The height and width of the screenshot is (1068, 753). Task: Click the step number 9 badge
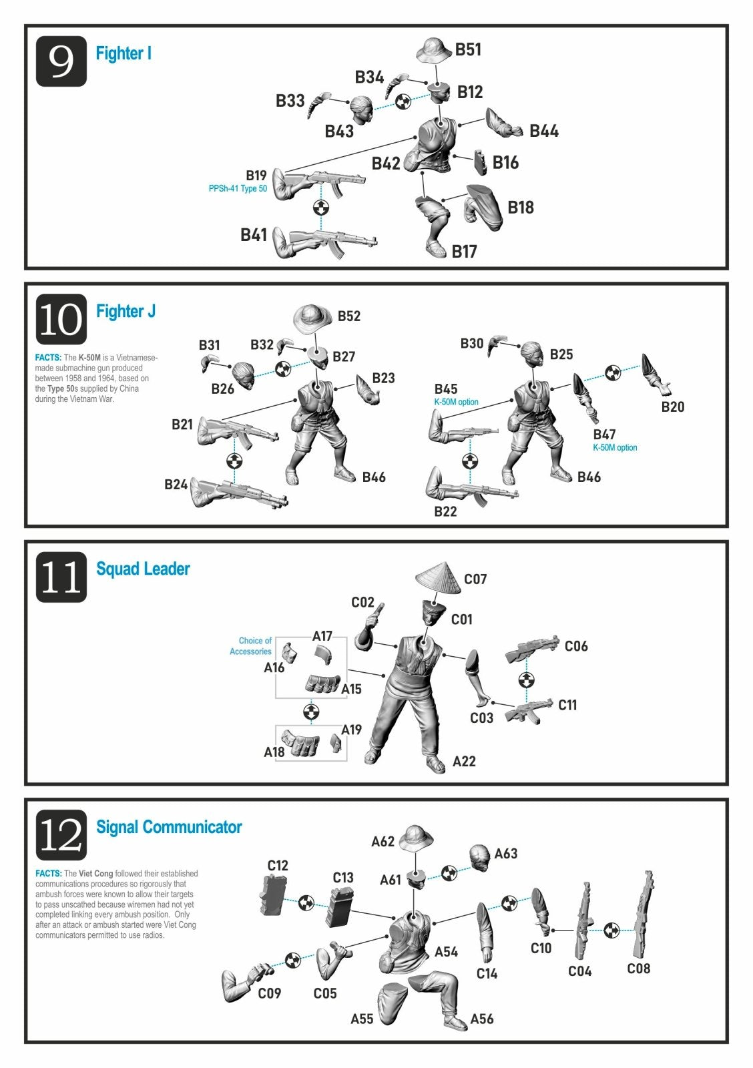pyautogui.click(x=61, y=61)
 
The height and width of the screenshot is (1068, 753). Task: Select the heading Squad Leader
pyautogui.click(x=143, y=569)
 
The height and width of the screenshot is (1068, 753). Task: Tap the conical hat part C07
pyautogui.click(x=439, y=578)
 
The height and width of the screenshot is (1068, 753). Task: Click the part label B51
pyautogui.click(x=468, y=49)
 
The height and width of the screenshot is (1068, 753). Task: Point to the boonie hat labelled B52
pyautogui.click(x=312, y=318)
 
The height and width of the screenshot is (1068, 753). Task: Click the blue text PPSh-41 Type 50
pyautogui.click(x=238, y=189)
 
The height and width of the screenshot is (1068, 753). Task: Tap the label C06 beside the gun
pyautogui.click(x=576, y=646)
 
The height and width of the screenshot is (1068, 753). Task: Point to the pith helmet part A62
pyautogui.click(x=416, y=838)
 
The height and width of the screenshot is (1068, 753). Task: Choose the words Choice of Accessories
pyautogui.click(x=250, y=646)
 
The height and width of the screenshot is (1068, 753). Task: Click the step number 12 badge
pyautogui.click(x=61, y=835)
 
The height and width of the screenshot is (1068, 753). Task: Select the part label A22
pyautogui.click(x=463, y=762)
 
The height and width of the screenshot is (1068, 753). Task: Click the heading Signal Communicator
pyautogui.click(x=169, y=827)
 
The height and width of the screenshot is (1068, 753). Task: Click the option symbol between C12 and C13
pyautogui.click(x=306, y=902)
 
